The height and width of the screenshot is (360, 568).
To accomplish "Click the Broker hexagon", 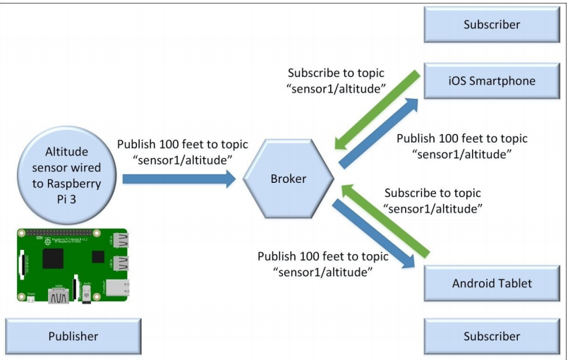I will tap(289, 179).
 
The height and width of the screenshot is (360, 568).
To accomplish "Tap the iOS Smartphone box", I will tap(491, 80).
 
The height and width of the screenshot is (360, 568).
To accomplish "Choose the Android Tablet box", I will tap(491, 284).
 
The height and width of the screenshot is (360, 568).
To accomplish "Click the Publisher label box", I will tap(73, 336).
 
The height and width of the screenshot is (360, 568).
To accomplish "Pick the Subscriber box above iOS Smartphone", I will tap(491, 25).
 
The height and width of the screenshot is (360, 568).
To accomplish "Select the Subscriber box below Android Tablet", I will tap(491, 336).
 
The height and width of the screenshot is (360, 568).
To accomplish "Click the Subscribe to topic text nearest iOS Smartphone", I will tap(337, 81).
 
